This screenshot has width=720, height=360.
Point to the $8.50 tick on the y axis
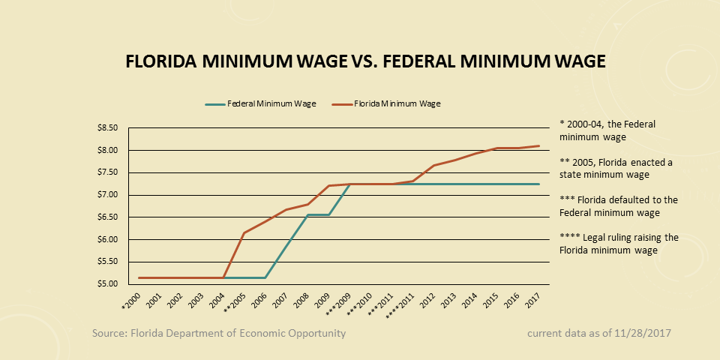(108, 128)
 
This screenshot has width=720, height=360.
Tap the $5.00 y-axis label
(108, 284)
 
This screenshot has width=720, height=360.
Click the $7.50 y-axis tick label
(108, 172)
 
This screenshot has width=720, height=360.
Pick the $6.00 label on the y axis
(108, 240)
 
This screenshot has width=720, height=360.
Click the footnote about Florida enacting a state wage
(616, 168)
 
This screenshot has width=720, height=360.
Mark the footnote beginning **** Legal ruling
(619, 244)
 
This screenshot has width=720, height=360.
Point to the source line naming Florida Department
(219, 333)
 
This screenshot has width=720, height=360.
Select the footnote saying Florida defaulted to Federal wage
(619, 206)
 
